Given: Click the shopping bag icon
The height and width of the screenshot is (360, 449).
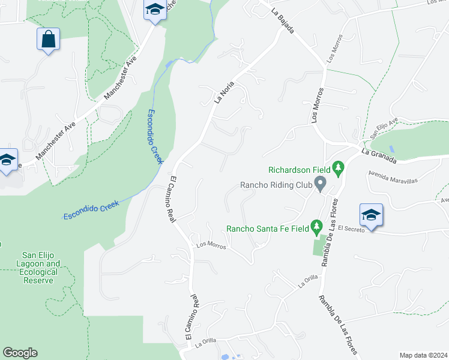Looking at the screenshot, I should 48,40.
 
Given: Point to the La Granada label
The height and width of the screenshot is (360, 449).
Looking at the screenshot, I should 379,157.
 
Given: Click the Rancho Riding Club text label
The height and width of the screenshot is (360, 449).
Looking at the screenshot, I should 276,185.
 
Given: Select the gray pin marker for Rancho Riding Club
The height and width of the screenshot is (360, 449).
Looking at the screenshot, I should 321,184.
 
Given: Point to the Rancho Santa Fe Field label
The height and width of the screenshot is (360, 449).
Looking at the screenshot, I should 267,228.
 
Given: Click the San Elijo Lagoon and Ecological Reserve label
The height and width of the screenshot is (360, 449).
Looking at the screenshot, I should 41,268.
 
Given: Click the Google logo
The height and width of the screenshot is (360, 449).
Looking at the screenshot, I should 20,353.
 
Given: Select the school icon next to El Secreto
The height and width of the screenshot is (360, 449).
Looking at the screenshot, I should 372,215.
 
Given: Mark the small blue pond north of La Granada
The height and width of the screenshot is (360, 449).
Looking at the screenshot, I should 391,148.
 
